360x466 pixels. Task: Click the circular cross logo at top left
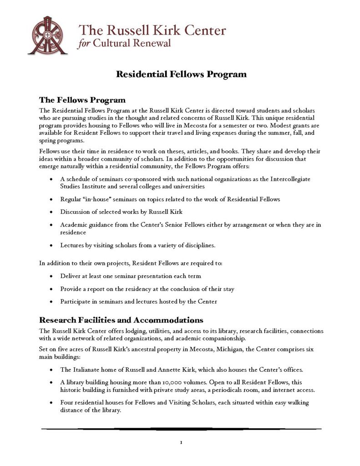click(x=48, y=35)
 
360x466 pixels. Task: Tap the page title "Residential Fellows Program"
click(x=181, y=74)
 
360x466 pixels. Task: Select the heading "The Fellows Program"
click(x=82, y=100)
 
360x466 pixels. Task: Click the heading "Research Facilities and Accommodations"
click(x=121, y=320)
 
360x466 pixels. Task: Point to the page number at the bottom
click(x=181, y=442)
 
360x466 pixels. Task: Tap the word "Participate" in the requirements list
click(x=76, y=301)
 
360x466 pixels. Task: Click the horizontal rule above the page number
click(x=181, y=429)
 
